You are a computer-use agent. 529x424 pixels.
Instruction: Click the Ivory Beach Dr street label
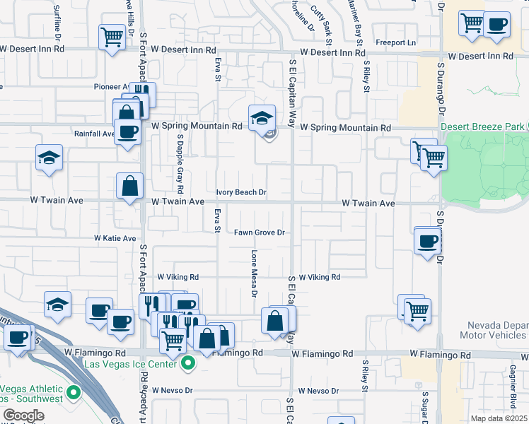point(240,192)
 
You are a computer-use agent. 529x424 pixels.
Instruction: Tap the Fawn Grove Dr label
point(259,232)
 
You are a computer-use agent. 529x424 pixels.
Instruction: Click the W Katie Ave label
point(115,239)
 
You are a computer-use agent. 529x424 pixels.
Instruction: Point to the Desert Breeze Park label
point(483,126)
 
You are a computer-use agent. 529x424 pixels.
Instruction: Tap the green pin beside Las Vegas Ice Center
point(187,365)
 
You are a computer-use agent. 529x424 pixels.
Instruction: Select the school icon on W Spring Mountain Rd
point(262,118)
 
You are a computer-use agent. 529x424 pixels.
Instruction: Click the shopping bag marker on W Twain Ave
point(130,187)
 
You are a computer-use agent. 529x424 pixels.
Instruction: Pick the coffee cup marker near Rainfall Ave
point(127,131)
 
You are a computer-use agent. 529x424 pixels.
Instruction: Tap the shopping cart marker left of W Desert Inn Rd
point(112,36)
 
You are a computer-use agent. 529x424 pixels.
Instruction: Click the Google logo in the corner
point(23,416)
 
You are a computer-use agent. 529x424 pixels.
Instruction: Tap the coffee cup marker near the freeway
point(18,337)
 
